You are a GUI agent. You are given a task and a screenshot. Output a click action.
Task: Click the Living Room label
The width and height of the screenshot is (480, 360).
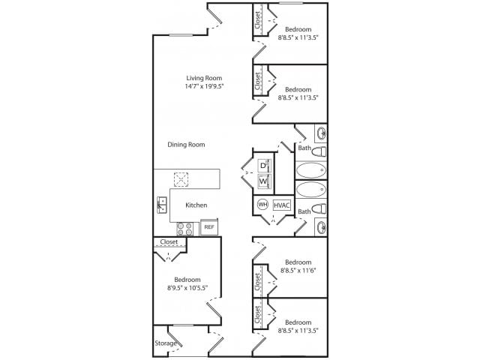tap(205, 77)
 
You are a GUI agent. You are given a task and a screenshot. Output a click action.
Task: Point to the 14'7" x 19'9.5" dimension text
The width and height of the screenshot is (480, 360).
tap(205, 86)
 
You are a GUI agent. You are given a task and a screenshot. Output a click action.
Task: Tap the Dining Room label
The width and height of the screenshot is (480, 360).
tap(186, 145)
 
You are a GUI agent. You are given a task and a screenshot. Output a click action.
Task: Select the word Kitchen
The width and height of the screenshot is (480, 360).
tap(196, 205)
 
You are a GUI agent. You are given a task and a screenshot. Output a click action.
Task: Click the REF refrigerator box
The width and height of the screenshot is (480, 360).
tap(209, 226)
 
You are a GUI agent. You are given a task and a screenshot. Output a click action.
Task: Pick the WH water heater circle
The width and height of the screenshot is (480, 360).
tap(262, 204)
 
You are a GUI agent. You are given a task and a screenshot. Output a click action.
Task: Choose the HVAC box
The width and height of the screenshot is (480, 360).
tap(281, 204)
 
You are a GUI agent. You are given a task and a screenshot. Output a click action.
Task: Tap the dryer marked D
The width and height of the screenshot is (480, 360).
tap(263, 165)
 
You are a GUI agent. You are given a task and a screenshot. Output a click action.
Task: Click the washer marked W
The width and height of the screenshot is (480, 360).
tap(263, 181)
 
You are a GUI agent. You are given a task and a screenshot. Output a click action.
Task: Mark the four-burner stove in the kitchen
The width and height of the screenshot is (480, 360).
tap(185, 227)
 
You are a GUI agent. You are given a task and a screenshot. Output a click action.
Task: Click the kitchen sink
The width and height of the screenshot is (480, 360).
tap(162, 203)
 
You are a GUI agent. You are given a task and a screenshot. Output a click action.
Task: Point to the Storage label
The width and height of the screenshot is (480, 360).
tap(166, 343)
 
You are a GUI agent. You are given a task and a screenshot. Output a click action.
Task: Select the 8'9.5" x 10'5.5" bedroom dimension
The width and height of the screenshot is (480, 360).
tap(187, 287)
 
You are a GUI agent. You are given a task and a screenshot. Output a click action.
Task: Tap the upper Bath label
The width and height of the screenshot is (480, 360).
tap(304, 148)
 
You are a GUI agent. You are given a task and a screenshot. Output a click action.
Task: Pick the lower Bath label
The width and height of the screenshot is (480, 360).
tap(304, 211)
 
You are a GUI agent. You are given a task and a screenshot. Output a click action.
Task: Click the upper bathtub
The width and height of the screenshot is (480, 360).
tap(313, 170)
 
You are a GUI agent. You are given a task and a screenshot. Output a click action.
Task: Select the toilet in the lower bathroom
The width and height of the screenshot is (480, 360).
tap(320, 208)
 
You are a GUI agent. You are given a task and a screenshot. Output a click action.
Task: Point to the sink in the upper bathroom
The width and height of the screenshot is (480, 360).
tap(321, 134)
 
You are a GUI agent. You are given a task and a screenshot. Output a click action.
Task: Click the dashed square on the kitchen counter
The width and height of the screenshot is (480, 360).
tap(181, 178)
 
